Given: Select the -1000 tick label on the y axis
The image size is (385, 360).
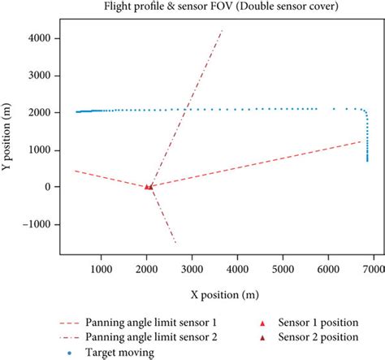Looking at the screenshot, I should coord(40,224).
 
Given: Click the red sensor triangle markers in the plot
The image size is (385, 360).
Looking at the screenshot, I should coord(149,186).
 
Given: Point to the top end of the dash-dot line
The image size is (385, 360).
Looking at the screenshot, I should coord(223,30).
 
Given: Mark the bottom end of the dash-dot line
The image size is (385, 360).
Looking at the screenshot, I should coord(175,243).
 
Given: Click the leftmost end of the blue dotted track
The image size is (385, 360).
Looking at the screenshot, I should coord(77,112).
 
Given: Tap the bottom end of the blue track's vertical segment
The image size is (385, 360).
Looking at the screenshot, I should coord(367,161).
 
